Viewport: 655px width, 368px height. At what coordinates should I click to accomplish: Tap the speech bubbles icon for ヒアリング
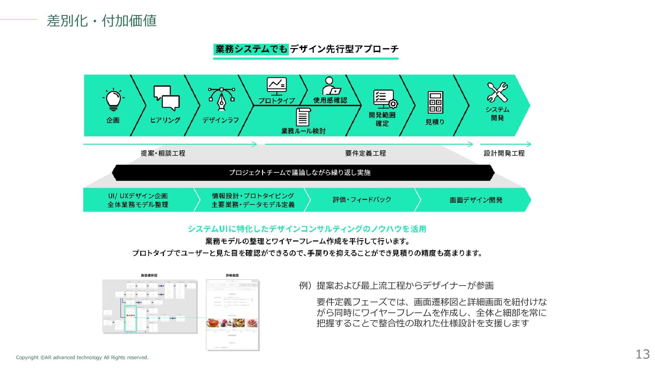pyautogui.click(x=166, y=98)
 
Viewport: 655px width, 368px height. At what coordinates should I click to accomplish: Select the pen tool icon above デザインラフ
pyautogui.click(x=222, y=99)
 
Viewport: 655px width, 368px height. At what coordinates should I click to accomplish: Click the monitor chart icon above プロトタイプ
pyautogui.click(x=276, y=86)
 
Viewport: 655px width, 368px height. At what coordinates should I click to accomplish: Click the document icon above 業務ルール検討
pyautogui.click(x=303, y=117)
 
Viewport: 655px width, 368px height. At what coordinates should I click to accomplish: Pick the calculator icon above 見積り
pyautogui.click(x=436, y=102)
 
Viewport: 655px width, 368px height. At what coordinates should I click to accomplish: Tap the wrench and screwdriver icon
pyautogui.click(x=497, y=92)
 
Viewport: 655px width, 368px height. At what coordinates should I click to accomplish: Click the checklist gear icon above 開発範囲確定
pyautogui.click(x=385, y=99)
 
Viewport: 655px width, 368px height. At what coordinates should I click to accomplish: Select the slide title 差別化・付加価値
pyautogui.click(x=102, y=21)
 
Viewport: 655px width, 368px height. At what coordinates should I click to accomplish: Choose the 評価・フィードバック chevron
pyautogui.click(x=362, y=200)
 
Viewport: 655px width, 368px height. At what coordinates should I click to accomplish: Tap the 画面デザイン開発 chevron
pyautogui.click(x=476, y=200)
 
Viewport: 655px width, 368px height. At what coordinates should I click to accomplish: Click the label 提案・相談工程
pyautogui.click(x=163, y=153)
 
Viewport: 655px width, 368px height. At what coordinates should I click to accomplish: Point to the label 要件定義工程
pyautogui.click(x=365, y=153)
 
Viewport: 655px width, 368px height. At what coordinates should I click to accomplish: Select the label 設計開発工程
pyautogui.click(x=504, y=153)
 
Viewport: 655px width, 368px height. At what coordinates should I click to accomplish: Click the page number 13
pyautogui.click(x=642, y=354)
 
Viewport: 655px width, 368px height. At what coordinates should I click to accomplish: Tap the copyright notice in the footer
pyautogui.click(x=82, y=357)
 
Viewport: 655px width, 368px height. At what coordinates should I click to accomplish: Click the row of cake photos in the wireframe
pyautogui.click(x=232, y=322)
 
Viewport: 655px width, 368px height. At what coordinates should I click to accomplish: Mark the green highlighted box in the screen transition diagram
pyautogui.click(x=130, y=318)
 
